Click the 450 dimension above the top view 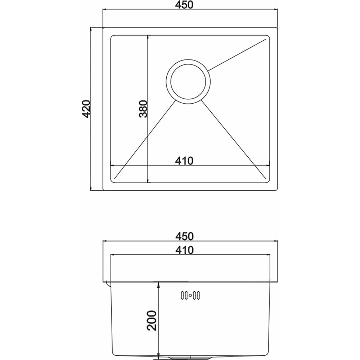coord(184,5)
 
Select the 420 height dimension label coord(86,109)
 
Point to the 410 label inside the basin coord(184,161)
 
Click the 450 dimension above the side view coord(184,236)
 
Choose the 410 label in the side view coord(184,250)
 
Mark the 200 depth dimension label coord(152,320)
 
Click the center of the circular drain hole coord(188,81)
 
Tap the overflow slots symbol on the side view coord(190,295)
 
